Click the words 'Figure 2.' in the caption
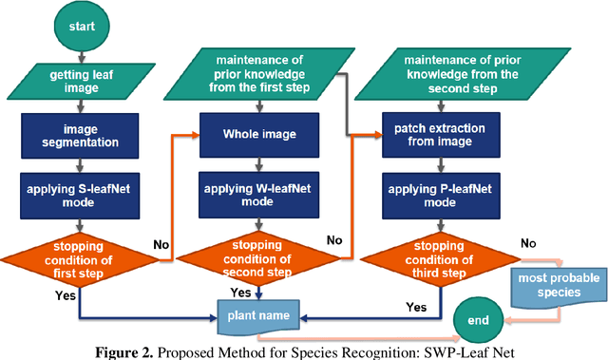(142, 351)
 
